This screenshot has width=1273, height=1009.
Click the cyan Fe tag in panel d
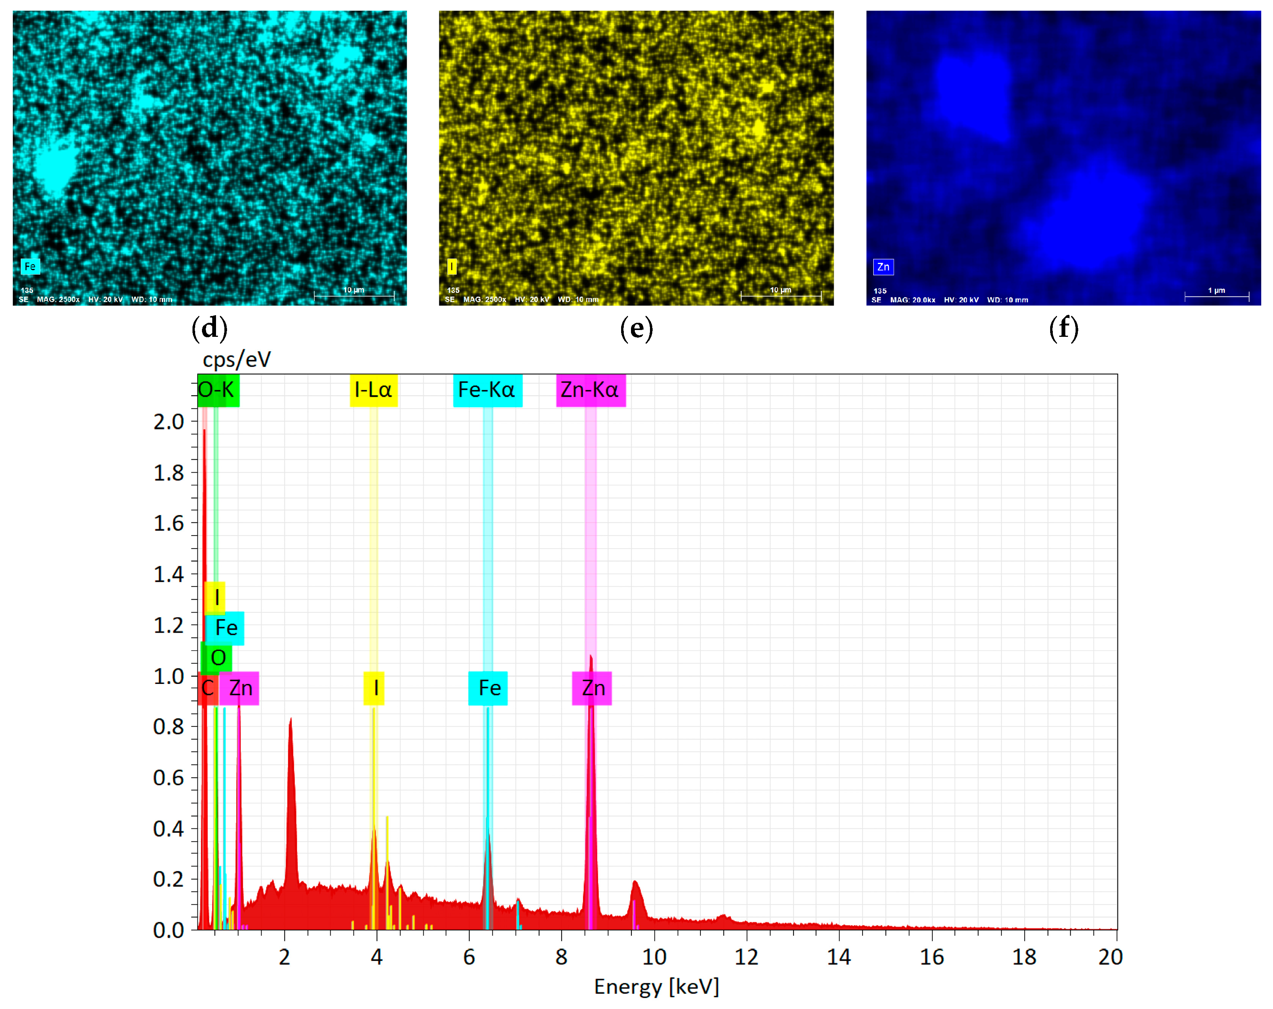tap(30, 267)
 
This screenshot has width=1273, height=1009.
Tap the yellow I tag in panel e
tap(452, 267)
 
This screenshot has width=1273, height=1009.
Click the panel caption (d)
tap(210, 328)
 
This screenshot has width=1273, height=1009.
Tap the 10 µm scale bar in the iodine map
tap(781, 295)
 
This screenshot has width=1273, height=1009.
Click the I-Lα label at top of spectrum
tap(373, 390)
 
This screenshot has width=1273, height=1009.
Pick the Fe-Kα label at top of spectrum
tap(487, 390)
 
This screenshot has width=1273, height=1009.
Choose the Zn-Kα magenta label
tap(590, 390)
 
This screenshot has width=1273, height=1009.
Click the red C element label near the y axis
tap(208, 688)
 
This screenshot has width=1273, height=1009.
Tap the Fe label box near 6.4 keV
tap(488, 688)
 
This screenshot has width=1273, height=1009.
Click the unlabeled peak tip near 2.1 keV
tap(290, 720)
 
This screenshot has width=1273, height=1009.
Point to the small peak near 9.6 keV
tap(635, 882)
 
